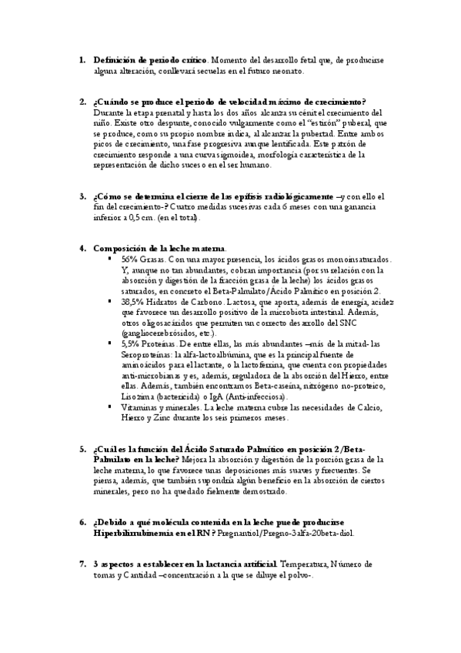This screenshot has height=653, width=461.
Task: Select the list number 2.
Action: pyautogui.click(x=82, y=102)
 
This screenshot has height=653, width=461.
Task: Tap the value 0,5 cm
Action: pyautogui.click(x=146, y=218)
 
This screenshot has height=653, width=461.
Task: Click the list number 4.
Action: pyautogui.click(x=82, y=249)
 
